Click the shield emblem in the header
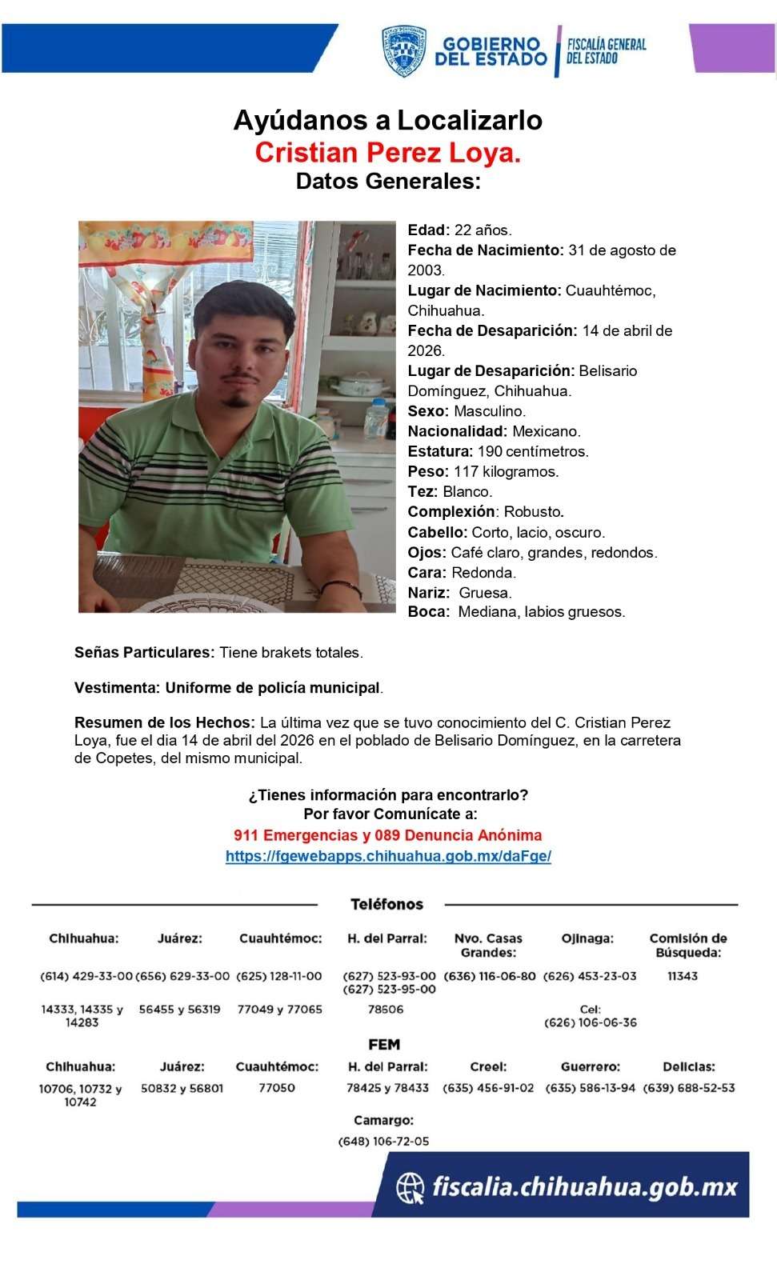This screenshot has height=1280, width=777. [x=403, y=51]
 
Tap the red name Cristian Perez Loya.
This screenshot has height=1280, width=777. [x=388, y=152]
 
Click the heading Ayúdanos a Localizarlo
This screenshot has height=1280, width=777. [x=388, y=120]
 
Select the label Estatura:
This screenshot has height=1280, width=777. [x=440, y=451]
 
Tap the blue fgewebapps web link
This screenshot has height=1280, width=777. [x=388, y=856]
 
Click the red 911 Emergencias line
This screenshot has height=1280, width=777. [x=388, y=835]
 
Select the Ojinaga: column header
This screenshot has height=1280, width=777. [x=587, y=938]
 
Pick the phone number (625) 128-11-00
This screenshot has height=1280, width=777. [x=279, y=976]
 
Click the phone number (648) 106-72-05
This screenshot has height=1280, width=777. [x=384, y=1142]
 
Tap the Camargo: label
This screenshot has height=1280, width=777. [x=384, y=1120]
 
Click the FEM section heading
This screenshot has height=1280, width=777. [x=384, y=1045]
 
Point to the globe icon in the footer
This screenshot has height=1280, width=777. [x=411, y=1187]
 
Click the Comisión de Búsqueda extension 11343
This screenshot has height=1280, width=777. [x=683, y=976]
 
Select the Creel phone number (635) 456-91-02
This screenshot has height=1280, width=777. [x=488, y=1088]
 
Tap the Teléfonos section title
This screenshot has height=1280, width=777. [x=387, y=905]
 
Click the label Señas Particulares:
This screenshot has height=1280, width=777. [x=145, y=653]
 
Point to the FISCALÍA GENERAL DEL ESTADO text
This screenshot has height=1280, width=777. [x=606, y=51]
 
